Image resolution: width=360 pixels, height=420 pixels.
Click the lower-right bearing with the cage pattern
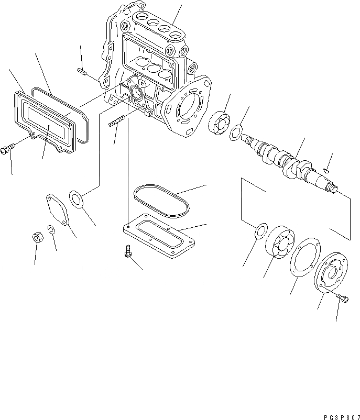click(280, 244)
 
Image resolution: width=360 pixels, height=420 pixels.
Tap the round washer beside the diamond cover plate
click(77, 201)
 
